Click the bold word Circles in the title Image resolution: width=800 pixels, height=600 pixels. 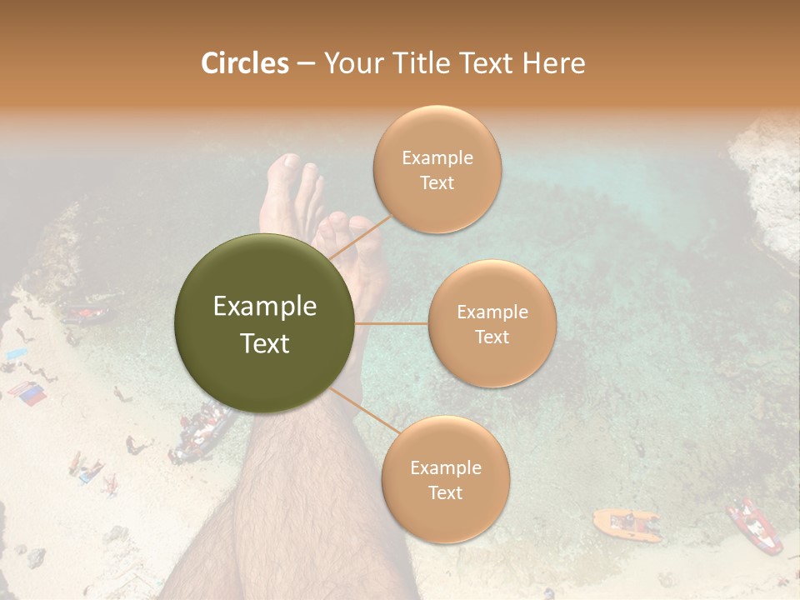pos(244,63)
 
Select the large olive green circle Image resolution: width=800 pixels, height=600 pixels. pos(264,323)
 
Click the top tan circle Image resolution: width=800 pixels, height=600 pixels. pos(437,169)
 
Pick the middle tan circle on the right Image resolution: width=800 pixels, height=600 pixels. pos(492,323)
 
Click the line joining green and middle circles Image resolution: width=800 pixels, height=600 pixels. pos(392,323)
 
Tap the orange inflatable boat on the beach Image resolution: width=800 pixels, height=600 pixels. pos(626,523)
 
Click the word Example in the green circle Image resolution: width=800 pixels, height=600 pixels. pos(264,307)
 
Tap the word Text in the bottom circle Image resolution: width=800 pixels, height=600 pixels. pos(445,492)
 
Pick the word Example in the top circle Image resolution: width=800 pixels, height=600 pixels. pos(437,157)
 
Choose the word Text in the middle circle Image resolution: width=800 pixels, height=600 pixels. pos(492,337)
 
